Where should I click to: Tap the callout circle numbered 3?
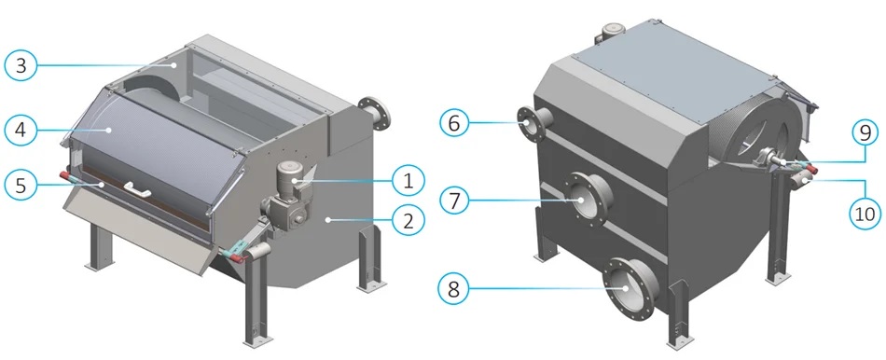(21, 66)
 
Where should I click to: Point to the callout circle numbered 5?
(21, 185)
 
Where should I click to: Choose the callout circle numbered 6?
(454, 122)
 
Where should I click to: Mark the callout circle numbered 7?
(454, 201)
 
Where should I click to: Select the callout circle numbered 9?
(865, 134)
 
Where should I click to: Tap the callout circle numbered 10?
(865, 213)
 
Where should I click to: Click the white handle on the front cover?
(136, 188)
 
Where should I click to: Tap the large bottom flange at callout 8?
(630, 288)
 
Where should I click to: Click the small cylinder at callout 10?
(801, 181)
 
